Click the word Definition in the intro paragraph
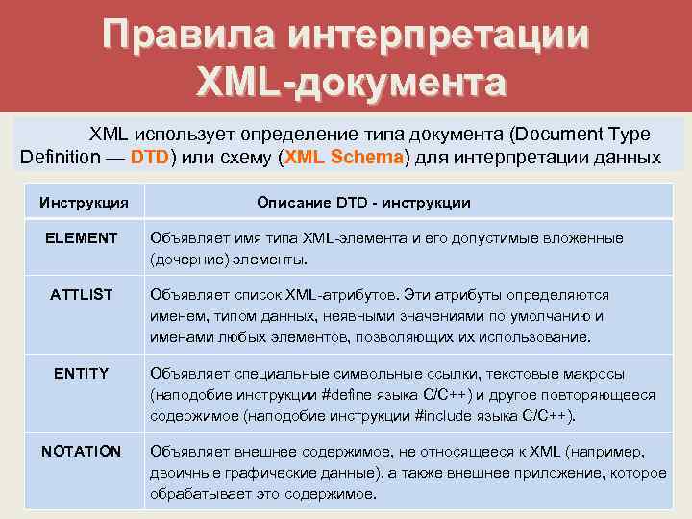[59, 158]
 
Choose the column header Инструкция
[84, 203]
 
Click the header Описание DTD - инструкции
[363, 203]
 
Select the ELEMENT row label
[82, 238]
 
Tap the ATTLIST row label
[82, 295]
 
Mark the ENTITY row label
[82, 373]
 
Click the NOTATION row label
[82, 451]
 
